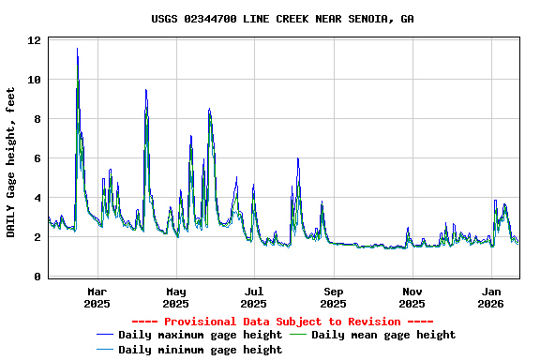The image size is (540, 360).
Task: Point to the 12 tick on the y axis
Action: pos(34,40)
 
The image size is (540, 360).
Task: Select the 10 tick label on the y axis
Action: pos(34,80)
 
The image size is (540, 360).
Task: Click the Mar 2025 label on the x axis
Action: pos(97,297)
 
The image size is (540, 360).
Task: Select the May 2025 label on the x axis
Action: pos(175,297)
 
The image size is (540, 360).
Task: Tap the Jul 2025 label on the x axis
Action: pos(254,297)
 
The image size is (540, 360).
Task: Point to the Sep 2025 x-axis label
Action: pos(334,297)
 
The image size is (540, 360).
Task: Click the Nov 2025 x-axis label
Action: pos(412,297)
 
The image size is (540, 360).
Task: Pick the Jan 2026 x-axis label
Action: pos(491,297)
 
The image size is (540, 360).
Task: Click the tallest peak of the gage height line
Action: pos(77,49)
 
